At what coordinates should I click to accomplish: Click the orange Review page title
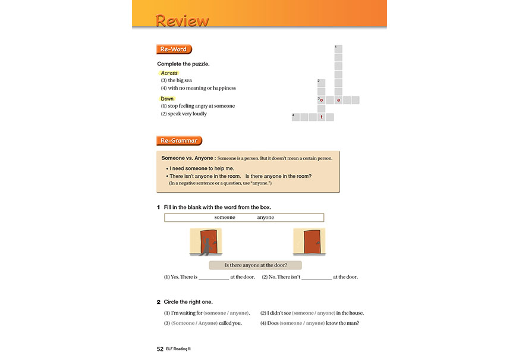182,21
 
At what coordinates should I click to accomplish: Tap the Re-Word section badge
174,49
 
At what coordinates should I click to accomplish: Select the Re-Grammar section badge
179,140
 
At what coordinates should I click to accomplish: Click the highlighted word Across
169,73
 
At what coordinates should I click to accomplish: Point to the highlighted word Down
168,99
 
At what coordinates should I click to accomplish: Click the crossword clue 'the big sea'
180,80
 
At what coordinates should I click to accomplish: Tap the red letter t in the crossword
322,117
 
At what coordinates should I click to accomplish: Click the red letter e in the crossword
338,101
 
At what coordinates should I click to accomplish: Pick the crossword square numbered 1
338,49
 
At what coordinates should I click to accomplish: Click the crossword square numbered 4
295,117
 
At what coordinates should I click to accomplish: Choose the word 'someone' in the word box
225,218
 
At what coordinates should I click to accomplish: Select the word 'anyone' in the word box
266,218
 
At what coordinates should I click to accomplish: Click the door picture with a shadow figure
206,241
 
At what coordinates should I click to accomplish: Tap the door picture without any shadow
309,241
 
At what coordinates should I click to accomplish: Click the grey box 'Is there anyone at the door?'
256,265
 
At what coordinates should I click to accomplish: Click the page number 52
160,349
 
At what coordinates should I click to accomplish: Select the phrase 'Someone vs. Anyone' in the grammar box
187,158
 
